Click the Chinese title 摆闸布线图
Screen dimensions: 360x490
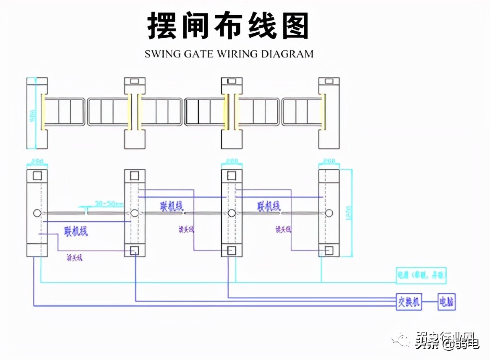click(x=228, y=26)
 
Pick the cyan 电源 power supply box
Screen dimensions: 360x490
click(x=421, y=276)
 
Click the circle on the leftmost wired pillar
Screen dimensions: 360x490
click(x=37, y=213)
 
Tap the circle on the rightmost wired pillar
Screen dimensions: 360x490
click(x=329, y=213)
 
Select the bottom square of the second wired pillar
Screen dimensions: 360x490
click(x=135, y=251)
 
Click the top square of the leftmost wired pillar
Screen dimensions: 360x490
click(x=37, y=175)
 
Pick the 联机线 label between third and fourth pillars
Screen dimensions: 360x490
click(x=269, y=206)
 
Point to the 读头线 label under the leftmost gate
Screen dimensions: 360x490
click(x=75, y=258)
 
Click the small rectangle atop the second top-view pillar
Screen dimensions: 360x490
click(x=135, y=81)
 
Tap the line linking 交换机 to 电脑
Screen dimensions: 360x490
click(x=430, y=302)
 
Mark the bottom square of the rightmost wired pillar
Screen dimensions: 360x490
click(x=329, y=251)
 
